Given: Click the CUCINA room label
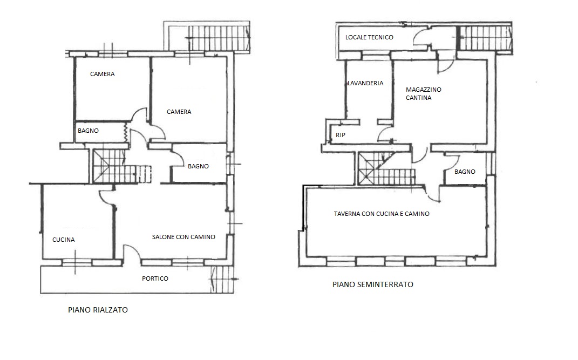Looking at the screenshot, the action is pyautogui.click(x=63, y=240).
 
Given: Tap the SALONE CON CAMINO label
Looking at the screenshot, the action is pyautogui.click(x=183, y=237).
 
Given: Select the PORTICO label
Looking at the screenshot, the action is pyautogui.click(x=155, y=279).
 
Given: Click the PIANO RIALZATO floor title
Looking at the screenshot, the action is pyautogui.click(x=98, y=310).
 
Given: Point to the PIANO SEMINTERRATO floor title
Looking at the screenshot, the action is pyautogui.click(x=373, y=284).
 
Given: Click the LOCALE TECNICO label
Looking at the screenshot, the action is pyautogui.click(x=369, y=37).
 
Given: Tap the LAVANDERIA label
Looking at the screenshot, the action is pyautogui.click(x=366, y=83).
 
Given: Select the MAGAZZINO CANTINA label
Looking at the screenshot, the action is pyautogui.click(x=424, y=93).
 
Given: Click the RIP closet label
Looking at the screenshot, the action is pyautogui.click(x=341, y=135).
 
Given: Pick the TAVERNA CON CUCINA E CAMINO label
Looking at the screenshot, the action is pyautogui.click(x=382, y=214).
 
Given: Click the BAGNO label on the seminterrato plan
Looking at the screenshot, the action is pyautogui.click(x=465, y=172).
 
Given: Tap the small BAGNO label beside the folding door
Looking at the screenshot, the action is pyautogui.click(x=88, y=131).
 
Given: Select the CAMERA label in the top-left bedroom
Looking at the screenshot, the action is pyautogui.click(x=103, y=74).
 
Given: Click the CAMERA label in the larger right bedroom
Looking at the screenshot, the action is pyautogui.click(x=179, y=112).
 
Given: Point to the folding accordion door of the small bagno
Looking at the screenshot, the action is pyautogui.click(x=125, y=132).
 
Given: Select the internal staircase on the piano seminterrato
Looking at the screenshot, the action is pyautogui.click(x=386, y=169).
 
